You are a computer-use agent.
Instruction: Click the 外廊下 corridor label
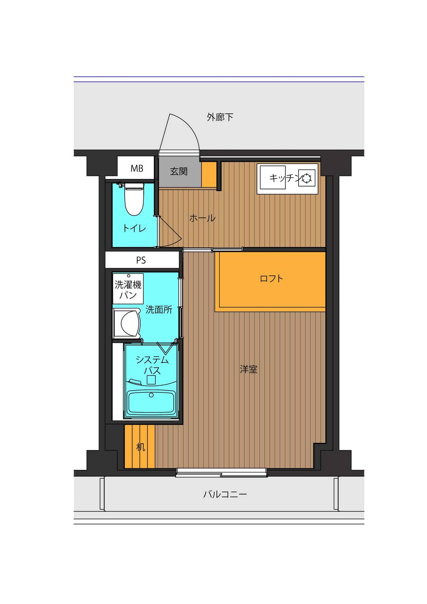click(x=220, y=117)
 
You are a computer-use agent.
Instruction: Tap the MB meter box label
click(x=137, y=168)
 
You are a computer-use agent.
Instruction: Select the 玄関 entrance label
click(x=179, y=171)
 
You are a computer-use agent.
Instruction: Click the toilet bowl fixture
click(x=134, y=200)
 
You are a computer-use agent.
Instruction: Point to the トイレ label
click(x=134, y=228)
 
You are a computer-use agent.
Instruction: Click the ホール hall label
click(x=202, y=218)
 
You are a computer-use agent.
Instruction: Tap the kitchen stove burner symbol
click(x=306, y=178)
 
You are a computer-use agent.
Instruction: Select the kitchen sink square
click(x=273, y=177)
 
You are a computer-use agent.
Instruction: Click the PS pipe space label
click(x=141, y=260)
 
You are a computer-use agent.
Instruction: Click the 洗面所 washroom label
click(x=159, y=309)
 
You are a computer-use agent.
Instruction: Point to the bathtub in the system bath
click(x=151, y=402)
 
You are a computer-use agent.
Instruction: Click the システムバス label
click(x=152, y=365)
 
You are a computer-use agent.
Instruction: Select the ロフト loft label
click(x=271, y=278)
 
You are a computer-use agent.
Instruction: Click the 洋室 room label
click(x=248, y=369)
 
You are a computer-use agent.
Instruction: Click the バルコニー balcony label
click(x=225, y=494)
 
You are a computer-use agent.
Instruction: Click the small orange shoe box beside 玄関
click(x=209, y=174)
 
